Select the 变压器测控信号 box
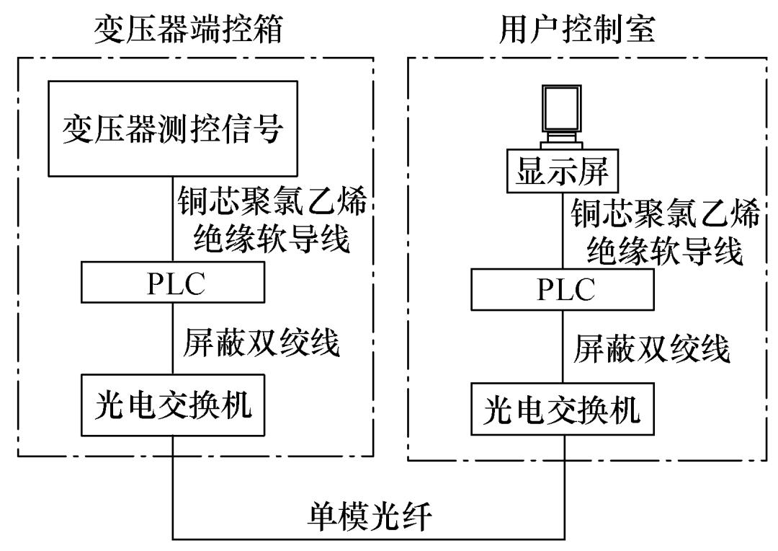(x=173, y=130)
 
